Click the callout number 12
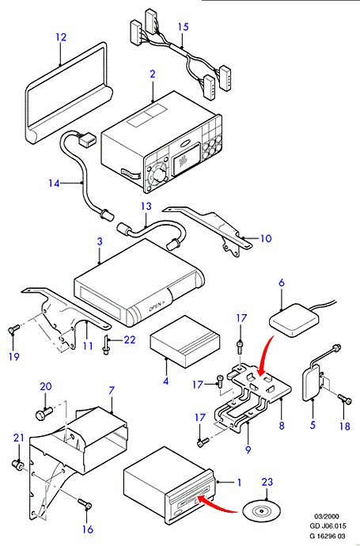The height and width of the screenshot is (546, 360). (x=61, y=37)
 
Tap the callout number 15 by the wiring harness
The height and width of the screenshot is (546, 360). (x=183, y=27)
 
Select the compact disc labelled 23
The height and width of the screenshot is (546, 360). (x=261, y=511)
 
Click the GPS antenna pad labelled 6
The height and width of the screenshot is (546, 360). (x=294, y=320)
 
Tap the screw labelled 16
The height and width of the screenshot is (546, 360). (x=84, y=503)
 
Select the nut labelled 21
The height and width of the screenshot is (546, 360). (x=17, y=464)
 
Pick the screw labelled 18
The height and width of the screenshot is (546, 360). (x=345, y=400)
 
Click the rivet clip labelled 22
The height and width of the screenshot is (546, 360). (x=105, y=345)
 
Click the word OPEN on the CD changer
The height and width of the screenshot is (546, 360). (x=154, y=307)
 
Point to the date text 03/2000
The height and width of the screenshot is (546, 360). (x=327, y=517)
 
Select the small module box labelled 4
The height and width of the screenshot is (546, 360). (x=185, y=342)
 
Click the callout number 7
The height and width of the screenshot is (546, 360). (x=111, y=390)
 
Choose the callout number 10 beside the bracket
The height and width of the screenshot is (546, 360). (x=266, y=238)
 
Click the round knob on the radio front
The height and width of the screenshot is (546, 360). (x=159, y=175)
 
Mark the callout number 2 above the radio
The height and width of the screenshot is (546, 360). (x=153, y=74)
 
